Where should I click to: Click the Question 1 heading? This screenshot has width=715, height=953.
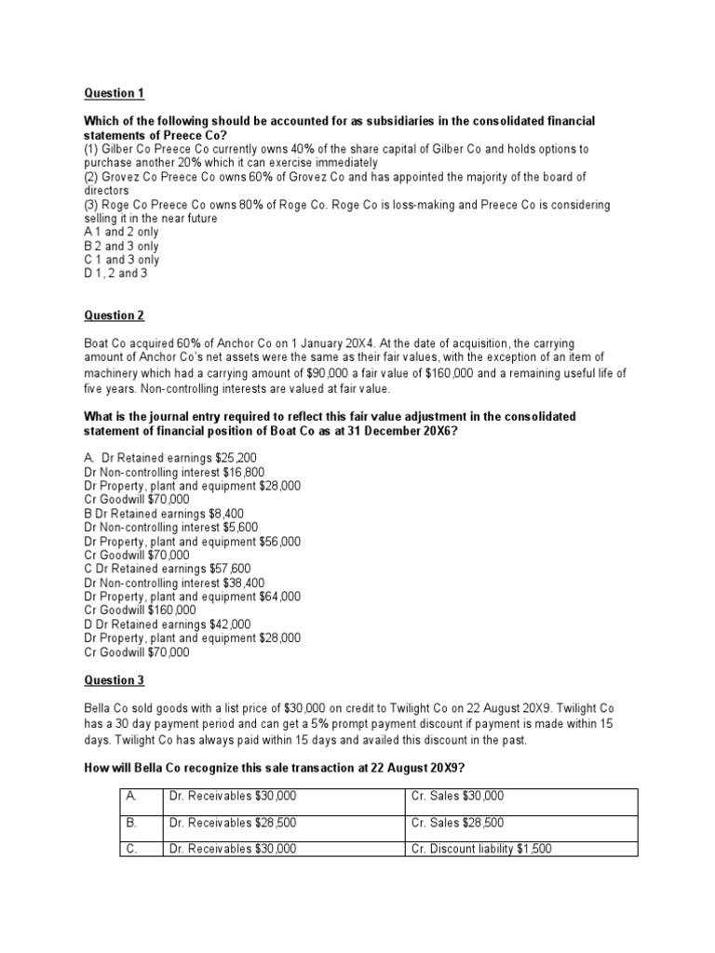pyautogui.click(x=114, y=93)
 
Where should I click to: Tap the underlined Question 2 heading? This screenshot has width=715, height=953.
pyautogui.click(x=114, y=315)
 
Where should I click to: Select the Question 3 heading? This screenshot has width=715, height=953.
pyautogui.click(x=114, y=680)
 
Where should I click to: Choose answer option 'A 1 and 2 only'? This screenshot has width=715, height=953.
pyautogui.click(x=121, y=233)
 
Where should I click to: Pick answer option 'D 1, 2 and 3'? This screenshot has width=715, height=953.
pyautogui.click(x=116, y=274)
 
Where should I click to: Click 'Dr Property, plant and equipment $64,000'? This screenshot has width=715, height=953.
pyautogui.click(x=193, y=596)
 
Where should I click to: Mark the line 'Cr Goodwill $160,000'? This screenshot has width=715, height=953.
pyautogui.click(x=140, y=610)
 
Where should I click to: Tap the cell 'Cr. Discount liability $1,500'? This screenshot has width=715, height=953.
pyautogui.click(x=485, y=849)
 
